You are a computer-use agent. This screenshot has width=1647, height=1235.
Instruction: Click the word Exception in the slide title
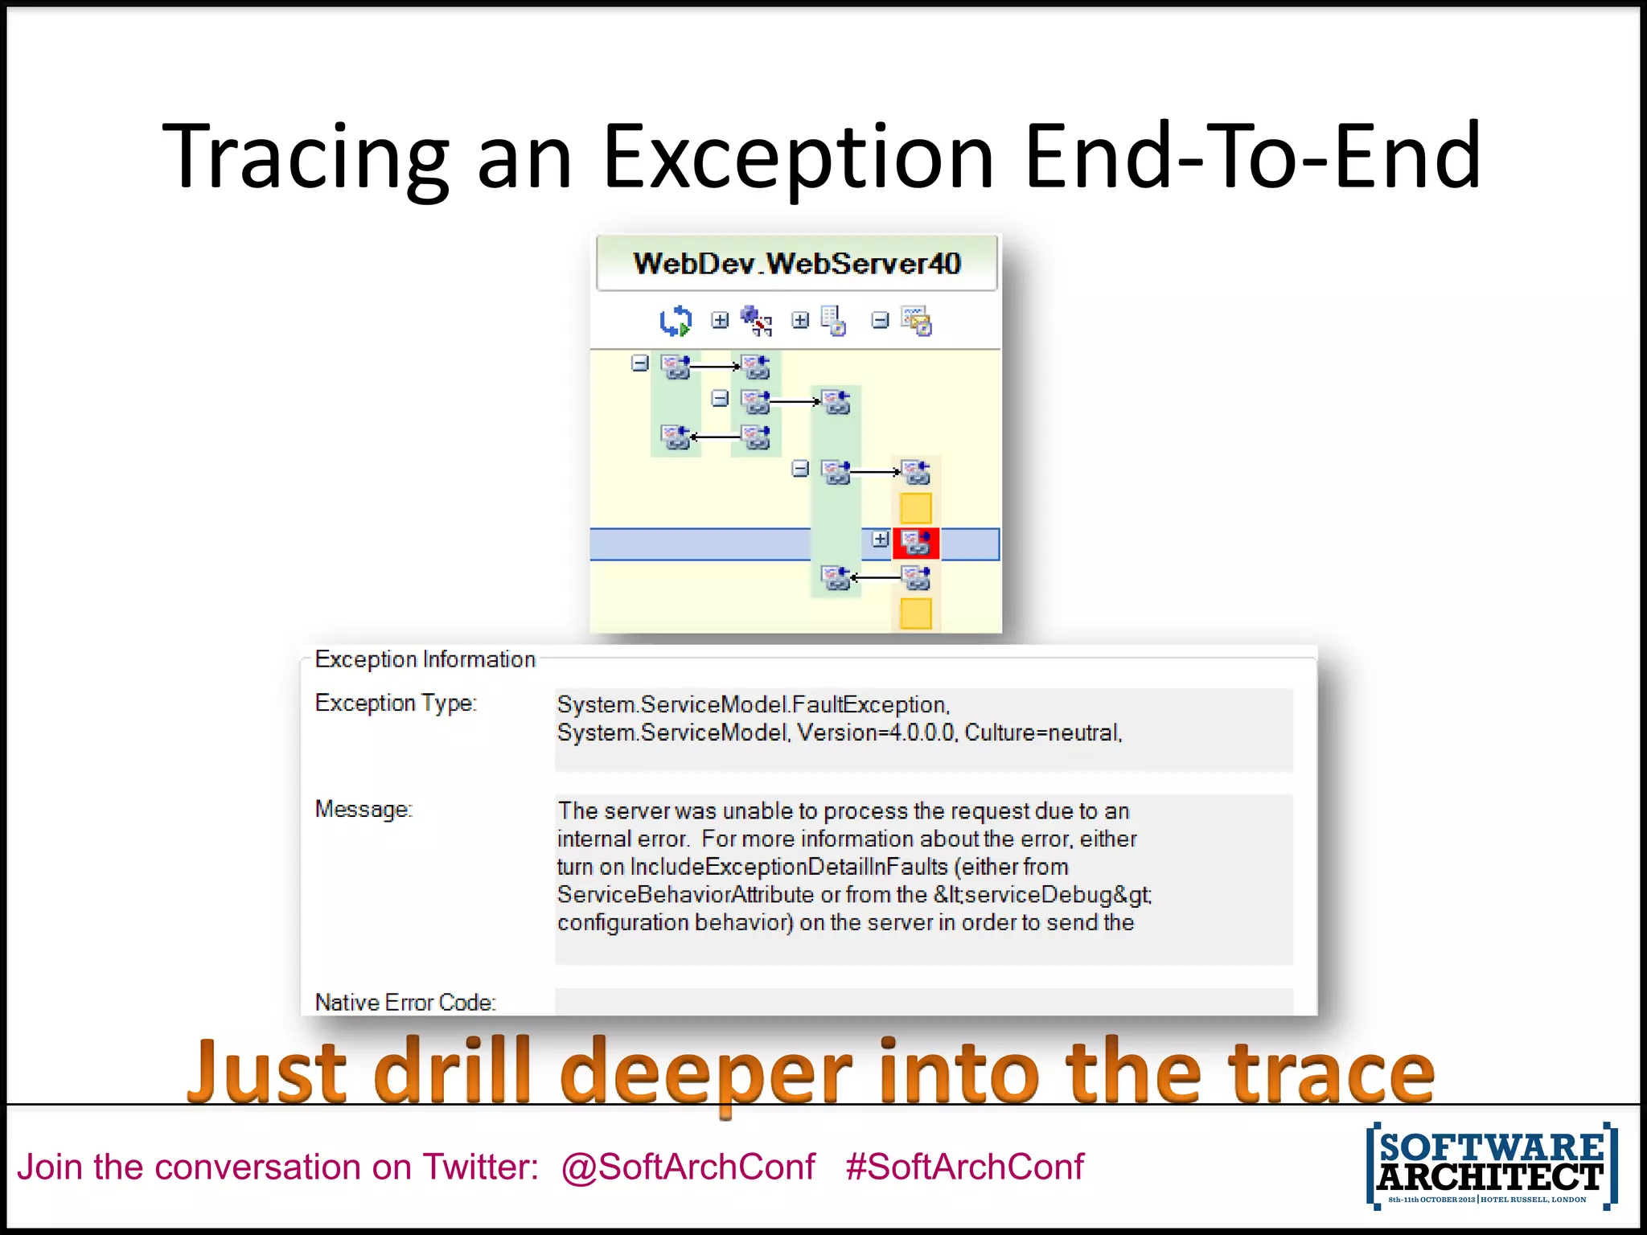(x=798, y=157)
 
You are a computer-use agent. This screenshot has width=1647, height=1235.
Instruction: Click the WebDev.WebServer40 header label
(x=796, y=264)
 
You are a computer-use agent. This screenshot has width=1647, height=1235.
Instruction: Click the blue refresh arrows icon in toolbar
(x=675, y=321)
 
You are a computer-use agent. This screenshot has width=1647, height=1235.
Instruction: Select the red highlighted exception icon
(x=915, y=543)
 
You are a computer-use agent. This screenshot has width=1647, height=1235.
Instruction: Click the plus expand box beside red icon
(x=880, y=539)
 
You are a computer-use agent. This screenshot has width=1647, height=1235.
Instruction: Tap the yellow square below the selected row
(x=915, y=613)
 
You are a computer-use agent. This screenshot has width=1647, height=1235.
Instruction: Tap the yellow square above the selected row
(x=915, y=508)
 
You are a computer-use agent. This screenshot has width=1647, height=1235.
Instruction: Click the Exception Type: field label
(x=396, y=703)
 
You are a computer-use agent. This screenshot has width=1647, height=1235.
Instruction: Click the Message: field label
(x=363, y=809)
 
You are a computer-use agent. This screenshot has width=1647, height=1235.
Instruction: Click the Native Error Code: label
(x=405, y=1002)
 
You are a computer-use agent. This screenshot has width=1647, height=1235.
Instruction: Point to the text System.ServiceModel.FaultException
(x=753, y=704)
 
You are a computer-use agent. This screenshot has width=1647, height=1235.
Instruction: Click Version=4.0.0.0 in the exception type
(x=876, y=732)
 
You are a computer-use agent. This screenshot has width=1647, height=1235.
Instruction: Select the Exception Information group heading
(x=425, y=659)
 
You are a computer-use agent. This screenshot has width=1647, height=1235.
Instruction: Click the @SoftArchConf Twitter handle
(x=688, y=1167)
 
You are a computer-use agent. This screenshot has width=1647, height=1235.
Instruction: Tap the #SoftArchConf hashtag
(x=964, y=1167)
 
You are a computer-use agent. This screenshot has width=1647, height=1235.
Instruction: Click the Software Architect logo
(x=1491, y=1165)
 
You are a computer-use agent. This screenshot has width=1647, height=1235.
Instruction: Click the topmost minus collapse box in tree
(x=639, y=363)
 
